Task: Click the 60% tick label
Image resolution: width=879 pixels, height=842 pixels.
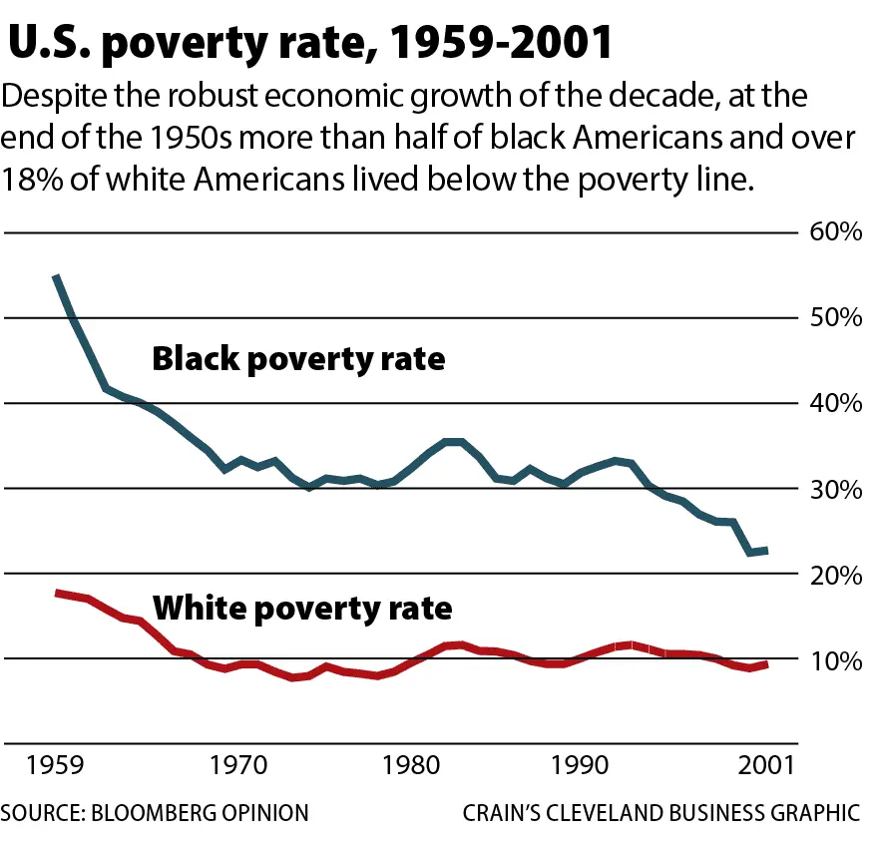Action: (834, 232)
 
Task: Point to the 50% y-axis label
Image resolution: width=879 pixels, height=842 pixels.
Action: (834, 318)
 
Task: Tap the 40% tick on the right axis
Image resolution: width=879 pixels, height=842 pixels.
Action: (834, 404)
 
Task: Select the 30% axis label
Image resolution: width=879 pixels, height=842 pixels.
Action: (834, 490)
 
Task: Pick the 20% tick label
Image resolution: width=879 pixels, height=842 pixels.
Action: (834, 576)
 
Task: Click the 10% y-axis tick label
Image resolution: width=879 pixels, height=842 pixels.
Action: (834, 660)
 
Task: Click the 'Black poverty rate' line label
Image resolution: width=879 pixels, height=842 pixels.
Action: (297, 358)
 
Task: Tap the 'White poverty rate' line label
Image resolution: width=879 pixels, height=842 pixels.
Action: (301, 607)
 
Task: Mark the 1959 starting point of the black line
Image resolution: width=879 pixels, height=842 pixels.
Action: (56, 276)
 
